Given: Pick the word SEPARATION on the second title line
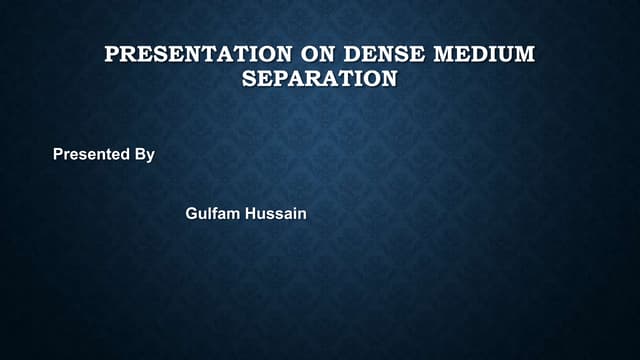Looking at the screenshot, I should (319, 78).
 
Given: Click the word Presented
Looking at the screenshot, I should (91, 155).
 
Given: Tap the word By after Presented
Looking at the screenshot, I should (144, 155).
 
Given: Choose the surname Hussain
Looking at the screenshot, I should (275, 213).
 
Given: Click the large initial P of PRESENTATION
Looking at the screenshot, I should (112, 54).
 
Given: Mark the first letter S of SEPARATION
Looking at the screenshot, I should (249, 78).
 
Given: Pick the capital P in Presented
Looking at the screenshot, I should (58, 155).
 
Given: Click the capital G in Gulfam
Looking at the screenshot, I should (192, 213).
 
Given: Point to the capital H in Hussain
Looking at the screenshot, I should (251, 213).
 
